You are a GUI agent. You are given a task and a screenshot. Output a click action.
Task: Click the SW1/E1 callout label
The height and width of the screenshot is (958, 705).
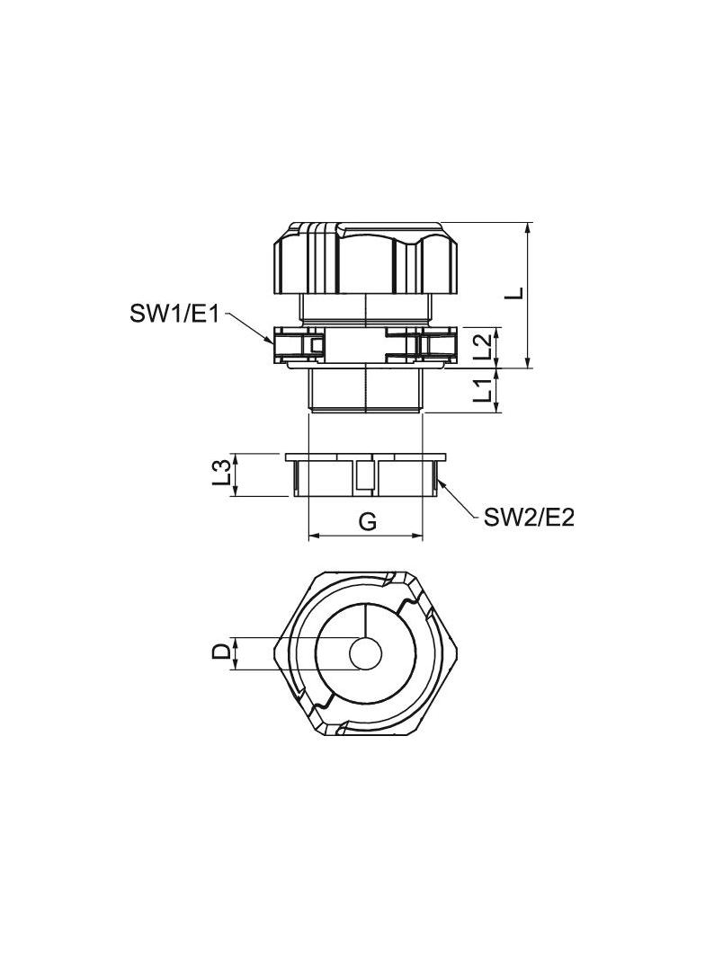click(175, 315)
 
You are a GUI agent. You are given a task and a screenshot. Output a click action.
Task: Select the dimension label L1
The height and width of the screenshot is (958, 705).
click(483, 391)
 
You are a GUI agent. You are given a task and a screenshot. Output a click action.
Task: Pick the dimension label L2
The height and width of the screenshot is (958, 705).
click(483, 347)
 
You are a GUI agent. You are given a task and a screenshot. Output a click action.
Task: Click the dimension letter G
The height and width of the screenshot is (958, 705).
click(367, 521)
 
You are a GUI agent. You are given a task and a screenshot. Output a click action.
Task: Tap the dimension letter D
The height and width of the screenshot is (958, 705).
click(220, 652)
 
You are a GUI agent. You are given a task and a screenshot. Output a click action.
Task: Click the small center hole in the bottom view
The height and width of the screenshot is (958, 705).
click(365, 654)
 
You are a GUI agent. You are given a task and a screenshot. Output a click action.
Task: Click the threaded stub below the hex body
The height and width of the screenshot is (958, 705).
click(365, 390)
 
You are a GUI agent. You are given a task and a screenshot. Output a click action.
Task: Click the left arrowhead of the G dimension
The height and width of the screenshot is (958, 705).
click(311, 537)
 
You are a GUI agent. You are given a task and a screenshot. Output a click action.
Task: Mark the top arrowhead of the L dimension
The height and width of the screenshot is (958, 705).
click(529, 225)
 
